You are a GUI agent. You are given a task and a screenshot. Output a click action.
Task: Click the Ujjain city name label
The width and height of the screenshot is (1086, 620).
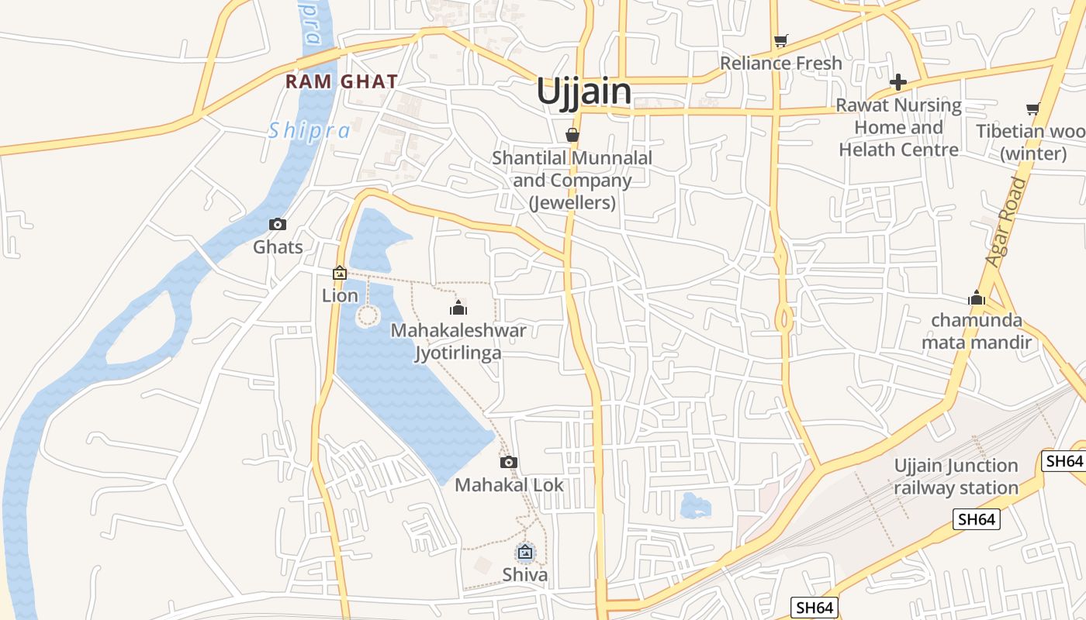pos(584,91)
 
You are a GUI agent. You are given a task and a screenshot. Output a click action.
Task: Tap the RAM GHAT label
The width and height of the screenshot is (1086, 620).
pos(341,81)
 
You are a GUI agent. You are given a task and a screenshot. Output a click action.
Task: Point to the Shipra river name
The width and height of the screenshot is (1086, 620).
pos(310,131)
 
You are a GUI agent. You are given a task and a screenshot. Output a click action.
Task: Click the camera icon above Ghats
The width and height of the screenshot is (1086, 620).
pos(277,225)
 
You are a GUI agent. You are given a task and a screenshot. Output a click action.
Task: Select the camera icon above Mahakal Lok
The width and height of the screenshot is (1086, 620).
pos(508,463)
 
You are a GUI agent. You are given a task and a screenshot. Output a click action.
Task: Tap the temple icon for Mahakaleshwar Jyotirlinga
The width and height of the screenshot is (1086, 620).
pos(458,308)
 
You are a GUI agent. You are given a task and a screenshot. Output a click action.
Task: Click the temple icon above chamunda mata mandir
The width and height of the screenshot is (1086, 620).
pos(976,298)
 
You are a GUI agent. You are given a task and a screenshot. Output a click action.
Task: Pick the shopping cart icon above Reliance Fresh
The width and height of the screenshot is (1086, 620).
pos(780,40)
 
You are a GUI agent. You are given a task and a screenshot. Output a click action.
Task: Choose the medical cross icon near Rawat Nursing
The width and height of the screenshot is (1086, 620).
pos(898,81)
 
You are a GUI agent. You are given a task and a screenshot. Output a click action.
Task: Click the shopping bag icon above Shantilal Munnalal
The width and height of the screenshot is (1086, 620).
pos(572,135)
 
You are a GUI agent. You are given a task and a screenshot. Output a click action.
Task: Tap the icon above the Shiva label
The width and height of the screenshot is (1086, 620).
pos(525,553)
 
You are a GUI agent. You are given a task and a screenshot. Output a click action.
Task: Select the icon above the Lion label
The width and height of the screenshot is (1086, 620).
pos(340,273)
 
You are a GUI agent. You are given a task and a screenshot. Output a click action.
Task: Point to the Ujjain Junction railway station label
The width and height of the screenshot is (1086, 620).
pos(956,477)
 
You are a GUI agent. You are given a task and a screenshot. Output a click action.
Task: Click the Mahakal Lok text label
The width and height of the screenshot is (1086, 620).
pos(509,485)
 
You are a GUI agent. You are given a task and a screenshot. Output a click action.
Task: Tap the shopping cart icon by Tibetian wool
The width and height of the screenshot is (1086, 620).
pos(1032,109)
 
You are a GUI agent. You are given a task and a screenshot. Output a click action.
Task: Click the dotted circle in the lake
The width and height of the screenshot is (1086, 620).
pos(368,316)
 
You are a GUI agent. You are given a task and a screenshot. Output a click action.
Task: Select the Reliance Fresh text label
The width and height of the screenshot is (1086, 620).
pos(780,63)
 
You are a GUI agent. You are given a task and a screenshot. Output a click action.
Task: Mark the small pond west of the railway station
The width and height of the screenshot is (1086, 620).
pos(695,505)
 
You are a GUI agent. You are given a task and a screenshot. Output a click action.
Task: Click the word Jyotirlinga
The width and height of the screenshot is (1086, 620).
pos(458,353)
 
